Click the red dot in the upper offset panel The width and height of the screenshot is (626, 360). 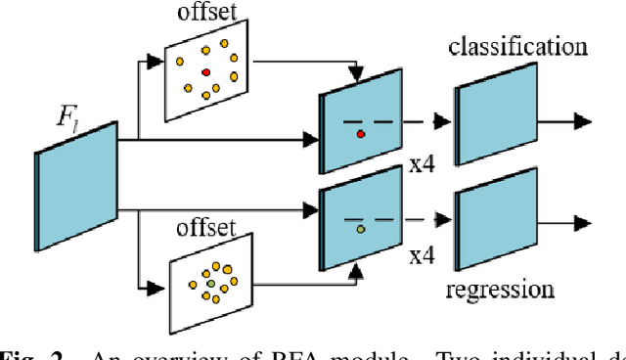tap(206, 72)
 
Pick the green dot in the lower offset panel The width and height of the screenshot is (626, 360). tap(209, 284)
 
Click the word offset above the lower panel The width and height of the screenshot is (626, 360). tap(207, 228)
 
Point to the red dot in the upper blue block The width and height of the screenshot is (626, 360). tap(361, 133)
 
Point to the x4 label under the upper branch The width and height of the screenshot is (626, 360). tap(422, 165)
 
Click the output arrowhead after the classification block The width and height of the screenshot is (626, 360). tap(583, 121)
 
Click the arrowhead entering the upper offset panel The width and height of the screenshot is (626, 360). tap(153, 61)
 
